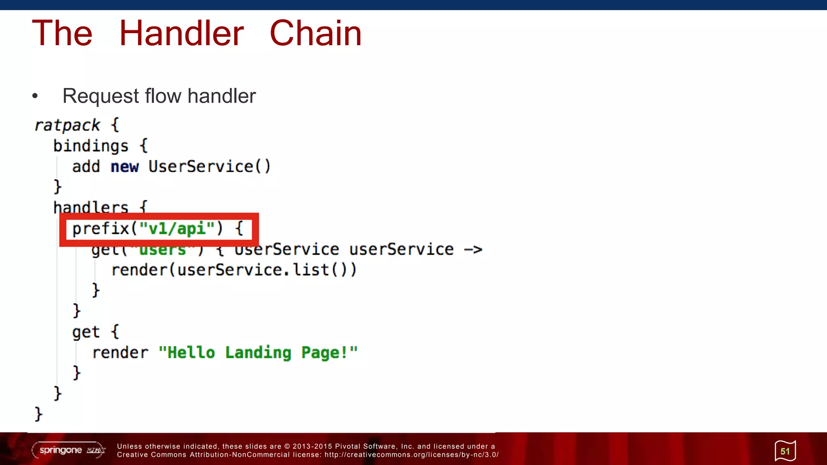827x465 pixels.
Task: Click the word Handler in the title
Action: pos(181,33)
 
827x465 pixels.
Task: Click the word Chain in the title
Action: pos(315,33)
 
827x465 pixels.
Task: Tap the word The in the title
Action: pos(62,33)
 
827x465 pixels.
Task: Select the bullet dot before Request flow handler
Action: pos(35,96)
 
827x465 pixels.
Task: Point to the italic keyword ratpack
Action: pos(67,125)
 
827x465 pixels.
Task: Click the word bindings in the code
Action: pos(91,146)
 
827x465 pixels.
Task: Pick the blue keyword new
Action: pos(124,166)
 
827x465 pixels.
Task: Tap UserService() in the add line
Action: pos(210,166)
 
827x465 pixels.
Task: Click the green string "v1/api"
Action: pos(177,228)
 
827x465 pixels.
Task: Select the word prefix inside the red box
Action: pos(101,228)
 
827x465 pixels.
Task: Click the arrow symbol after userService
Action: pos(473,249)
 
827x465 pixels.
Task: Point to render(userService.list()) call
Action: pos(234,270)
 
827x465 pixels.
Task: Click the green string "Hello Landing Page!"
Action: pos(258,352)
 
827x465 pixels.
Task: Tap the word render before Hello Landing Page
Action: pos(120,352)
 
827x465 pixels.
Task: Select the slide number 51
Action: pos(785,451)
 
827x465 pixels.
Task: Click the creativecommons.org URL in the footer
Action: pos(411,455)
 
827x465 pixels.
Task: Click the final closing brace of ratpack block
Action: pos(38,414)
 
